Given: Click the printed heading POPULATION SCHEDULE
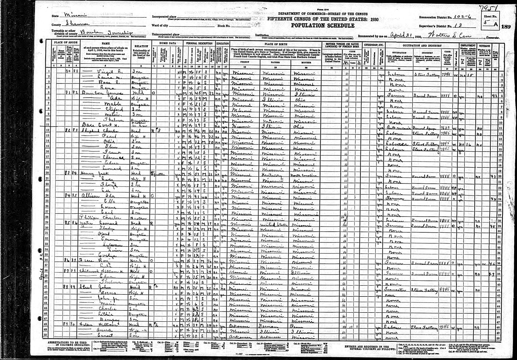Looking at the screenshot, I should pos(322,26).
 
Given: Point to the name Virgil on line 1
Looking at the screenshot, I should pos(105,72).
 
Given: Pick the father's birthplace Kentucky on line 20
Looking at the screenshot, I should pos(273,174).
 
